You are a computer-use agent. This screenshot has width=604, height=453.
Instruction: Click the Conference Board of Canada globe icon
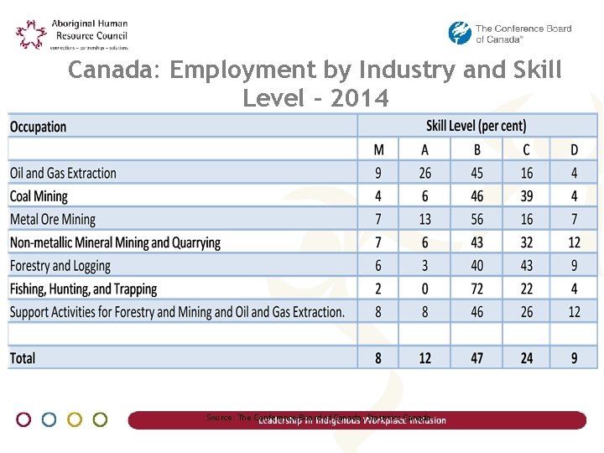pyautogui.click(x=460, y=34)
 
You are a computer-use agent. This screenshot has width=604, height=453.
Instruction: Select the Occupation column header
pyautogui.click(x=38, y=127)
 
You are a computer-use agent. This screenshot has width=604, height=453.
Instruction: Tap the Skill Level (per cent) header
pyautogui.click(x=476, y=127)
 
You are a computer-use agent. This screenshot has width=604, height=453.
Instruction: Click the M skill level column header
pyautogui.click(x=379, y=150)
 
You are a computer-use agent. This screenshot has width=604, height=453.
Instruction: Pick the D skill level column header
pyautogui.click(x=574, y=150)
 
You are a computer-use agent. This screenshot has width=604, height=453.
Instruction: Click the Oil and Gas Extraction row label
pyautogui.click(x=63, y=174)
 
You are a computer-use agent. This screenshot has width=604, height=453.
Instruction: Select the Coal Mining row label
pyautogui.click(x=39, y=196)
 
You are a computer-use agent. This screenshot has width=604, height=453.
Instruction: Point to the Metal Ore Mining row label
pyautogui.click(x=53, y=220)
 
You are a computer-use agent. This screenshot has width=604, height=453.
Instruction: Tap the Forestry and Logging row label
pyautogui.click(x=60, y=266)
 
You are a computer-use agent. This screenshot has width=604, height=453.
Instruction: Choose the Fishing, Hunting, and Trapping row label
pyautogui.click(x=83, y=289)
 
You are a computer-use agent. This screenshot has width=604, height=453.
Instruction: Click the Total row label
pyautogui.click(x=23, y=358)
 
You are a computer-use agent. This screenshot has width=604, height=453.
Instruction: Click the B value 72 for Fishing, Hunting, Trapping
pyautogui.click(x=476, y=289)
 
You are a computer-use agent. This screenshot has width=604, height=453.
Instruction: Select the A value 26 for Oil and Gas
pyautogui.click(x=425, y=174)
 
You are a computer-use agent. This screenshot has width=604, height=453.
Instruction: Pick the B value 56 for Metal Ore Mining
pyautogui.click(x=476, y=220)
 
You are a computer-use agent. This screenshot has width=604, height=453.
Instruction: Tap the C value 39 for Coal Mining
pyautogui.click(x=526, y=196)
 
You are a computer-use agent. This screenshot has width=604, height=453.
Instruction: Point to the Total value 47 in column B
pyautogui.click(x=476, y=358)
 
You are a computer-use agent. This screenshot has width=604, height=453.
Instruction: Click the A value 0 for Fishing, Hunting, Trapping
pyautogui.click(x=425, y=289)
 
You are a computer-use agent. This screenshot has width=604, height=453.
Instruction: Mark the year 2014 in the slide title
pyautogui.click(x=360, y=99)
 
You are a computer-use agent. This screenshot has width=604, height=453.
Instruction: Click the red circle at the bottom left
pyautogui.click(x=23, y=419)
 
